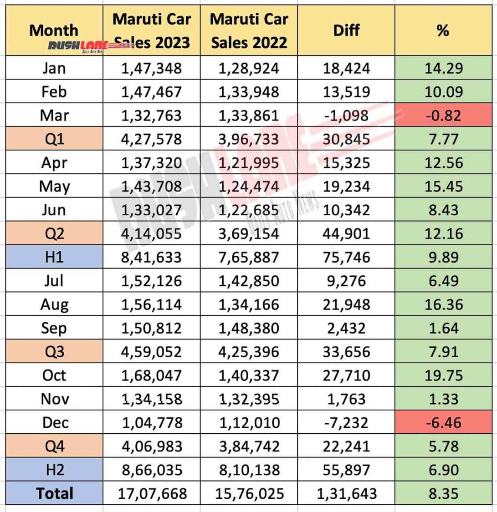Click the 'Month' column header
tap(53, 30)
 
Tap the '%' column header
tap(442, 30)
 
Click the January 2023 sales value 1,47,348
tap(151, 68)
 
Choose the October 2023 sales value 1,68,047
tap(151, 375)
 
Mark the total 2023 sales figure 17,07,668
tap(151, 493)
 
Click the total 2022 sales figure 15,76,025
tap(249, 493)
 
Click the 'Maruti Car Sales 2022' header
tap(249, 30)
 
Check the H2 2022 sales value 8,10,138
tap(249, 470)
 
